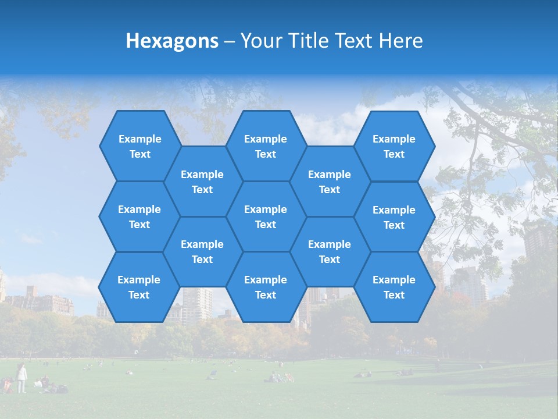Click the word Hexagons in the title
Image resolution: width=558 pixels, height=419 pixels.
(172, 41)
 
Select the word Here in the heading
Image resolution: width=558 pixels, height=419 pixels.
(400, 41)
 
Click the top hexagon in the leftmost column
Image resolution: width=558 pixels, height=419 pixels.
(139, 146)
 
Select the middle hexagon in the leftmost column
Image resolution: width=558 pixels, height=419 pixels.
(139, 216)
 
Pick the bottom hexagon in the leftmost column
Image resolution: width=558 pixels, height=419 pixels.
(139, 287)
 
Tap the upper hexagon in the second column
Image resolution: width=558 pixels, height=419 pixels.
(202, 182)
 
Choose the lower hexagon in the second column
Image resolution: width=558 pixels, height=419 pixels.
(202, 251)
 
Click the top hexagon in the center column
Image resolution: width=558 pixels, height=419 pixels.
(266, 146)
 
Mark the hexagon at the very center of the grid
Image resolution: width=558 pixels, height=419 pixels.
(266, 216)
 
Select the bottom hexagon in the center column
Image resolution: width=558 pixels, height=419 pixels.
(266, 287)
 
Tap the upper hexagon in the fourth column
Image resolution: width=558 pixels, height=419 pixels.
(330, 182)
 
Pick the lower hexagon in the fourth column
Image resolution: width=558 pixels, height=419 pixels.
(330, 251)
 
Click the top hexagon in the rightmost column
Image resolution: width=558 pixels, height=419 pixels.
(394, 146)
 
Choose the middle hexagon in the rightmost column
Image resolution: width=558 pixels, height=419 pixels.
(394, 217)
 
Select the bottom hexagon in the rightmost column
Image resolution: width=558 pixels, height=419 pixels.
(394, 287)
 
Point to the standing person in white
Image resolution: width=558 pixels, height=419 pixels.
(22, 378)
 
